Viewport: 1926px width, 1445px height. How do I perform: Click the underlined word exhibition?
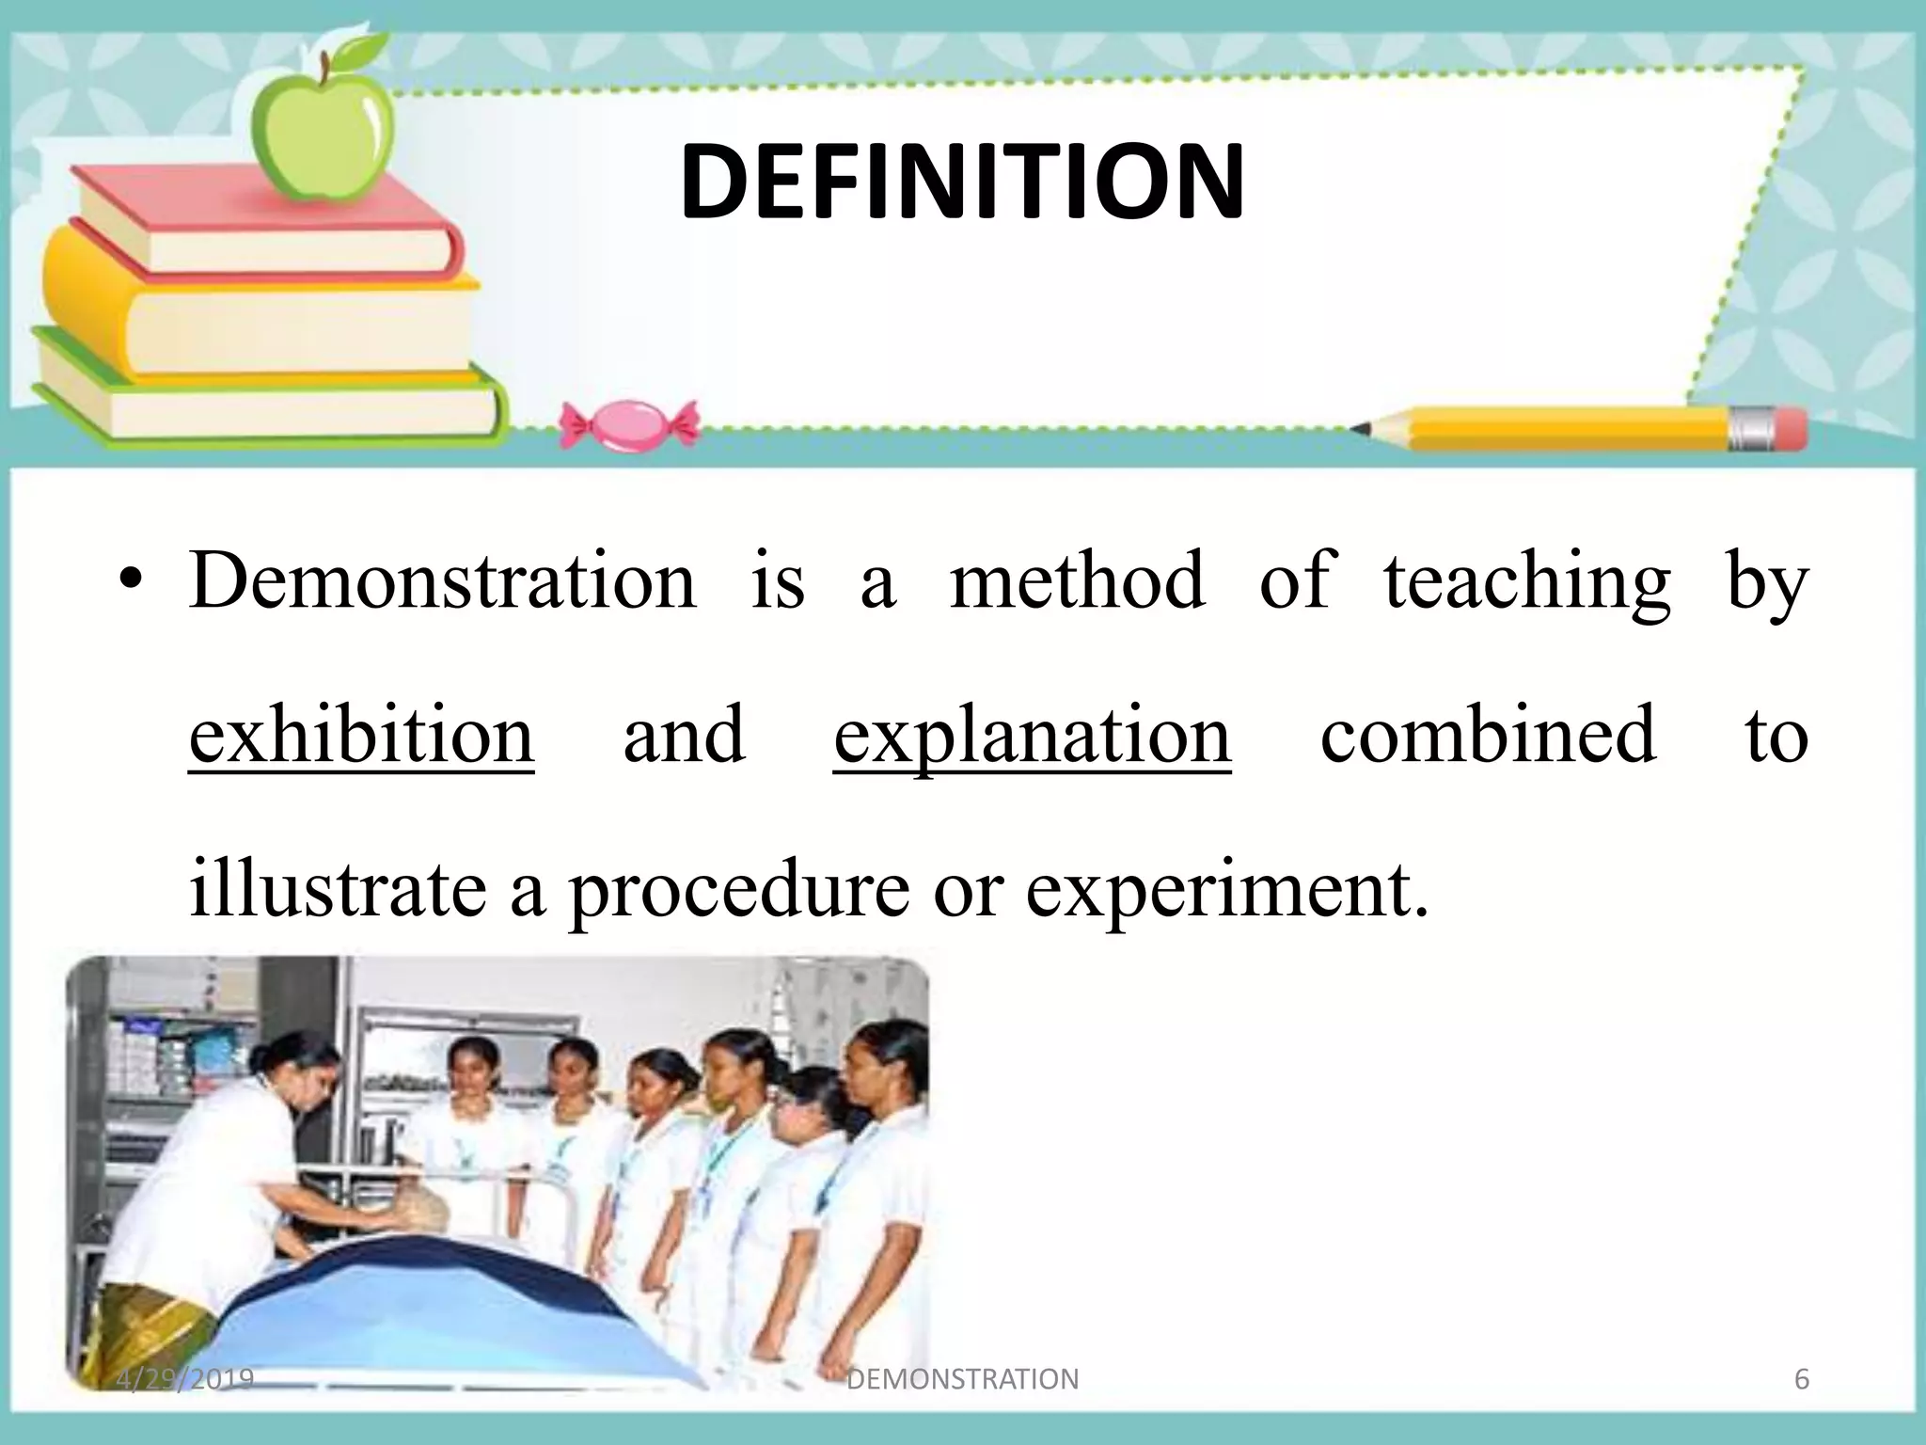click(x=361, y=735)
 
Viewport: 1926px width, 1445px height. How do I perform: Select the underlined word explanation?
click(x=1032, y=735)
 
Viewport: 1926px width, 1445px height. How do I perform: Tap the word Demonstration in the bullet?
click(x=442, y=580)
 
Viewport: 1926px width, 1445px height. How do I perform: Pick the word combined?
click(x=1487, y=735)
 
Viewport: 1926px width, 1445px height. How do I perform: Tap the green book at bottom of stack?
click(x=263, y=405)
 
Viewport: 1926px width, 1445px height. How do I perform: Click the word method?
click(x=1077, y=580)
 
